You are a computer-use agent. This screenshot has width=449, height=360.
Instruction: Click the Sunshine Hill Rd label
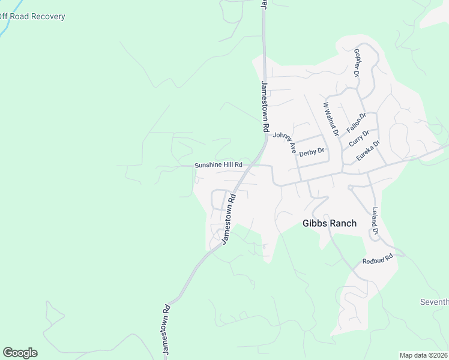(x=218, y=165)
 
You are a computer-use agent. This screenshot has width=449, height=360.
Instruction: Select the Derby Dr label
(x=312, y=152)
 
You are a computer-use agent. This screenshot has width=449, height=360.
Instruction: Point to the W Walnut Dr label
(x=331, y=118)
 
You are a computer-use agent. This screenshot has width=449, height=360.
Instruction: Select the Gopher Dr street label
(x=357, y=63)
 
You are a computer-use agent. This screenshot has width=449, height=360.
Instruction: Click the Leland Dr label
(x=375, y=221)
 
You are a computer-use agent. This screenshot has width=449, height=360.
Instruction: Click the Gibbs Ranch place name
(x=329, y=223)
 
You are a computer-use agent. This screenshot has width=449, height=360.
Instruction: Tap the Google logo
(x=20, y=353)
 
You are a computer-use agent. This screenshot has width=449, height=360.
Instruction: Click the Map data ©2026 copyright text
(x=424, y=355)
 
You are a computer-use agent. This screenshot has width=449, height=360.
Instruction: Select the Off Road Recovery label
(x=32, y=16)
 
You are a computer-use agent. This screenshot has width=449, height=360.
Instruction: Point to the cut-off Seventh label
(x=435, y=301)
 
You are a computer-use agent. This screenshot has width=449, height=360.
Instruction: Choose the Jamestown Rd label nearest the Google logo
(x=166, y=330)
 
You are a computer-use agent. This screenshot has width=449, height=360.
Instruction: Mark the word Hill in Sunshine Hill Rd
(x=228, y=165)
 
